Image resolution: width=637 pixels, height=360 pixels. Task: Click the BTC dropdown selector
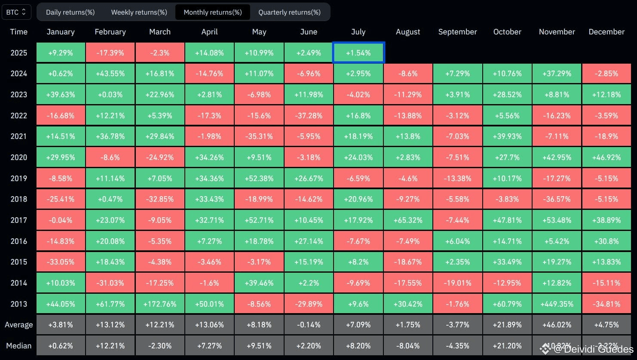[16, 12]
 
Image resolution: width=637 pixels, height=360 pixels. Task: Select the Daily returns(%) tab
[70, 12]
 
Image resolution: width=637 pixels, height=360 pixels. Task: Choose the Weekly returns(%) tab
[139, 12]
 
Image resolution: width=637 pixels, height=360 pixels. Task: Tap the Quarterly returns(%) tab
[290, 12]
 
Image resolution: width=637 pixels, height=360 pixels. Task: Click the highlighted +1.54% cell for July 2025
[358, 52]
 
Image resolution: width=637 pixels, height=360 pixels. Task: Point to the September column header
[458, 31]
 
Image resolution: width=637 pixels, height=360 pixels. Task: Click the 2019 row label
[19, 178]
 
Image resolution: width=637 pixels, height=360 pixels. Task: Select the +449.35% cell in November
[557, 304]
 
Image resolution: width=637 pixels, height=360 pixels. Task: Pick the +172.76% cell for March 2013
[160, 304]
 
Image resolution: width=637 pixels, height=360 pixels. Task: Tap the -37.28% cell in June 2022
[309, 115]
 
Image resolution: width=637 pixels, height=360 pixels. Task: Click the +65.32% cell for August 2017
[408, 220]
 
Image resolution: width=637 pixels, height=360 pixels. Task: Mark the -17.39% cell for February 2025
[110, 52]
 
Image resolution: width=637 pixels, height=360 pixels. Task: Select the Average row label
[19, 325]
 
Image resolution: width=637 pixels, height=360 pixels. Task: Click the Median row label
[19, 345]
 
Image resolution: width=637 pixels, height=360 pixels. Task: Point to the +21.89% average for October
[507, 324]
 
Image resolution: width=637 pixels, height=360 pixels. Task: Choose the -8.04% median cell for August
[408, 345]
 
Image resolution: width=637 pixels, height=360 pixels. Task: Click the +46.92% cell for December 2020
[606, 157]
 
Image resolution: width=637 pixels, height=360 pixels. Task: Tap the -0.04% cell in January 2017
[61, 220]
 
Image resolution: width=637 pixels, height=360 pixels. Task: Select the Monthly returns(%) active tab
[213, 12]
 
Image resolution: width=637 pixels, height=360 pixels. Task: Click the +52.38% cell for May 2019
[259, 178]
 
